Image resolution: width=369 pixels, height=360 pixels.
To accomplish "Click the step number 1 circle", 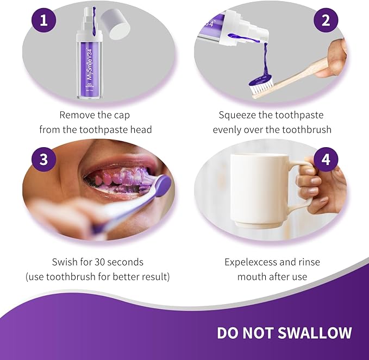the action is [44, 20].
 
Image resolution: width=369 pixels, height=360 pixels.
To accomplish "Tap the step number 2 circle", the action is [326, 20].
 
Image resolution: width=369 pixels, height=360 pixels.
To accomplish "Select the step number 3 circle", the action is [44, 159].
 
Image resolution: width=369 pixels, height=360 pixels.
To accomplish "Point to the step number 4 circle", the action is [326, 159].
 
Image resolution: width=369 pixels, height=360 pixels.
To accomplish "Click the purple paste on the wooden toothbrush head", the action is [261, 80].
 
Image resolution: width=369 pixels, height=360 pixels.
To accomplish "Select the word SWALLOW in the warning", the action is [315, 333].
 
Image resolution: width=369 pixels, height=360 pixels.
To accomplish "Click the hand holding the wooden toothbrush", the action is [334, 59].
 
